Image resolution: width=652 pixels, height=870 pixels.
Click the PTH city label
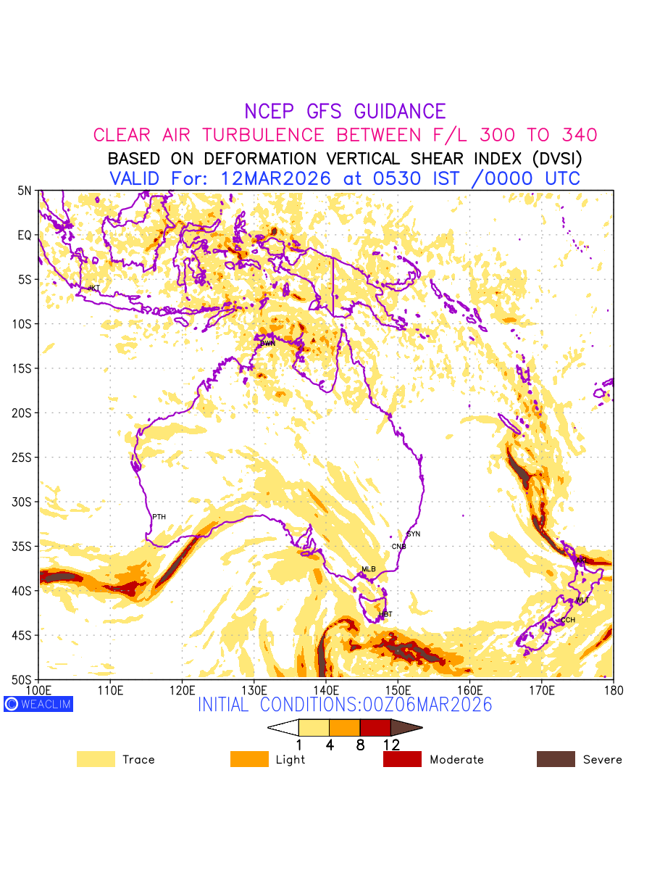159,517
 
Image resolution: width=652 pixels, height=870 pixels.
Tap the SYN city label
414,534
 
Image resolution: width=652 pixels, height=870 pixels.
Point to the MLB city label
369,569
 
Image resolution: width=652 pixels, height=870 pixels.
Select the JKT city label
93,289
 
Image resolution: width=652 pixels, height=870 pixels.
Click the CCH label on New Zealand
568,621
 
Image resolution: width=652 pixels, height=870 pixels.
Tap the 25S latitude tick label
24,457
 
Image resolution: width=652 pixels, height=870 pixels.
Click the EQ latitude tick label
25,235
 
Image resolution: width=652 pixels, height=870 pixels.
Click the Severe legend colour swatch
556,759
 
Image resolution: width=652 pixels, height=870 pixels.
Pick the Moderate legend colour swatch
402,759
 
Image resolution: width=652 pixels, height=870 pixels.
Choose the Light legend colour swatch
248,759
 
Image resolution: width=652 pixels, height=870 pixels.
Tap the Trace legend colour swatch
96,759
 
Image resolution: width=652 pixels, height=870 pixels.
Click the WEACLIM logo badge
38,704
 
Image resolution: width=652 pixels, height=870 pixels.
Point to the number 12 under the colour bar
391,745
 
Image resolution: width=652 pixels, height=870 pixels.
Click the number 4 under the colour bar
330,745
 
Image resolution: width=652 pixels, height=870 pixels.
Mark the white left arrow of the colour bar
283,727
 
